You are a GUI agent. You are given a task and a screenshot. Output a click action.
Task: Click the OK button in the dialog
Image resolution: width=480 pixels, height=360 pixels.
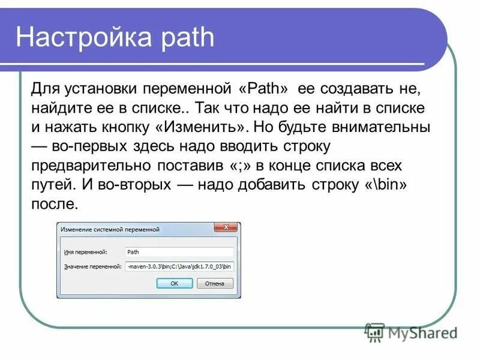coord(175,283)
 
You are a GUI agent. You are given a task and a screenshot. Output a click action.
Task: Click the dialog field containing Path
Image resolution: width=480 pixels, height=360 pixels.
coord(179,253)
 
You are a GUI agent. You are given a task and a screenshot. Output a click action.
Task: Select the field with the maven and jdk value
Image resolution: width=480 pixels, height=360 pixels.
coord(179,266)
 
